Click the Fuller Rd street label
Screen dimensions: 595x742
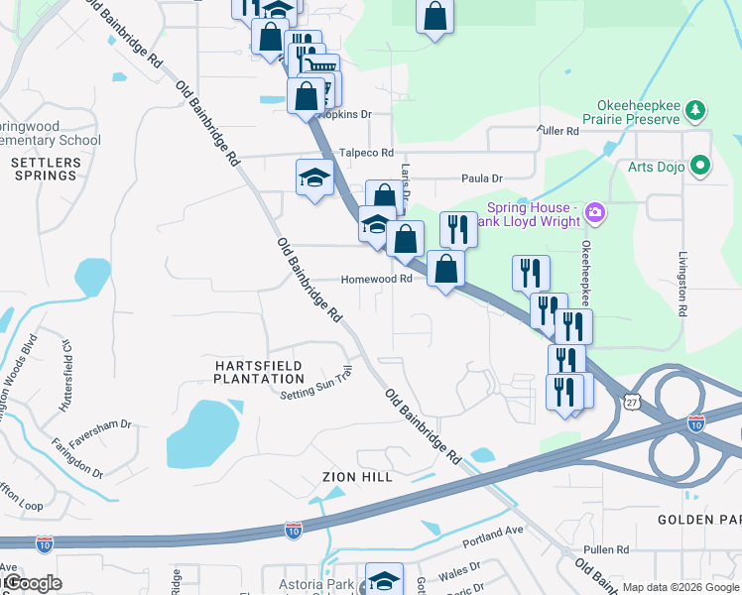[x=556, y=131]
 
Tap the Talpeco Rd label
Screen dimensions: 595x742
[x=366, y=153]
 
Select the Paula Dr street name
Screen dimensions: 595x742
[x=482, y=178]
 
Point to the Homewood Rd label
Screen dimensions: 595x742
[x=376, y=280]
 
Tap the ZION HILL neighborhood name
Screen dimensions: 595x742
[x=357, y=477]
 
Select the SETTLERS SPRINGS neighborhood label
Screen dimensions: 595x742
[x=44, y=169]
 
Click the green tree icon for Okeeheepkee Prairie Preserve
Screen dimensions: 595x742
[x=696, y=108]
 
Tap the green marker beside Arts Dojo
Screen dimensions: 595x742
[x=701, y=166]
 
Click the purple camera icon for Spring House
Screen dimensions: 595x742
[x=594, y=211]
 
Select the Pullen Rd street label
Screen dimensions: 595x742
[x=607, y=549]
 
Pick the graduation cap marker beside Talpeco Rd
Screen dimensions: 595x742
[x=315, y=178]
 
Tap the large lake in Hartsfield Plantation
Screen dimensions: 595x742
[x=201, y=432]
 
